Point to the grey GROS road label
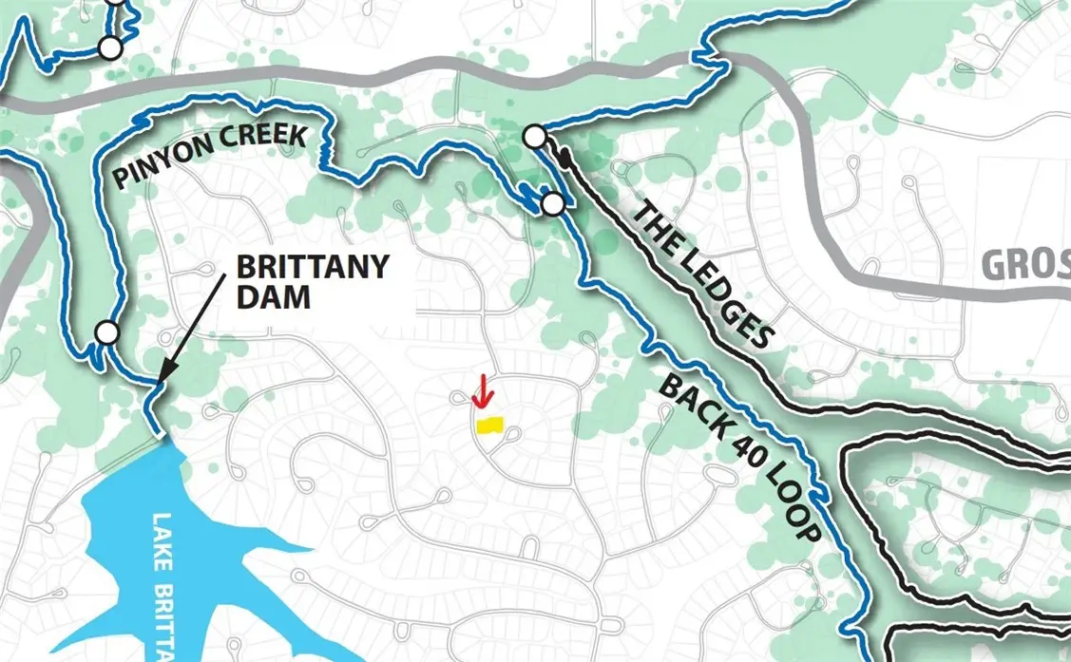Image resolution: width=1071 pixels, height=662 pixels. [x=1024, y=266]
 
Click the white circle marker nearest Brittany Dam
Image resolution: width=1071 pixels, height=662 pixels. [x=107, y=332]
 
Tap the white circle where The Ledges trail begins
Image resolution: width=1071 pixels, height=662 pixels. [x=535, y=138]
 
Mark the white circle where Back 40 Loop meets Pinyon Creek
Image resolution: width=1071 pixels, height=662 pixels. [x=552, y=203]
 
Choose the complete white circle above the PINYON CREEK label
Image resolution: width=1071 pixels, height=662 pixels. [x=111, y=47]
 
